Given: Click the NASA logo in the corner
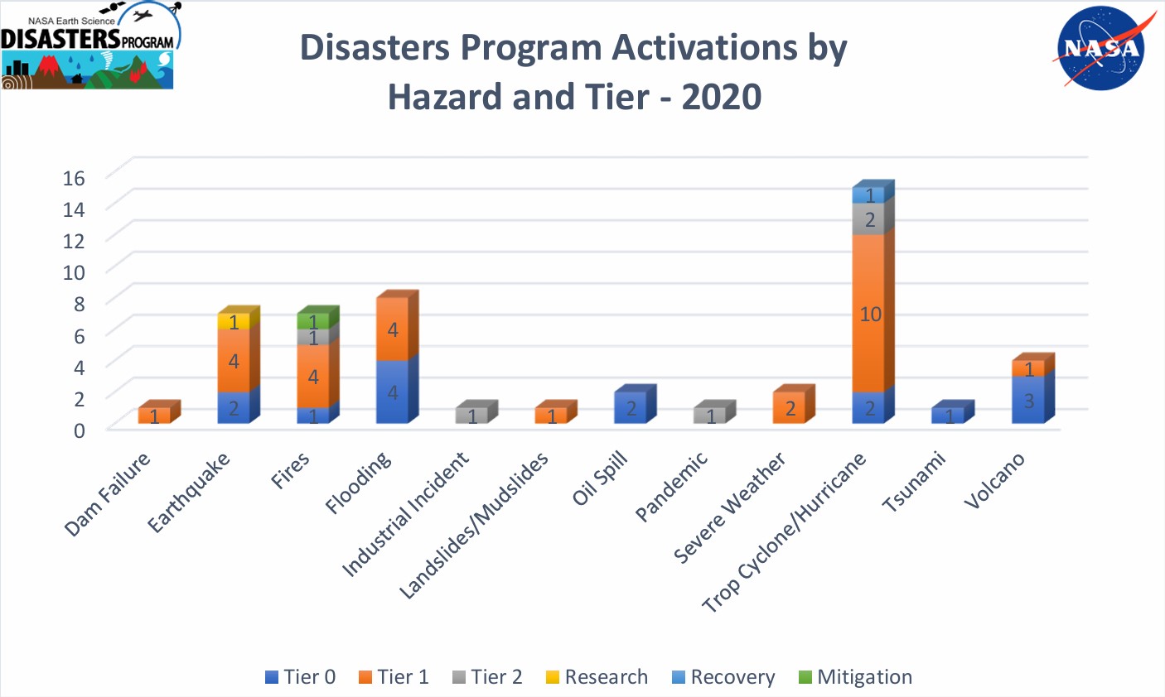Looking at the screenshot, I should click(x=1100, y=48).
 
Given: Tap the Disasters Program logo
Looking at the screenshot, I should click(x=89, y=46).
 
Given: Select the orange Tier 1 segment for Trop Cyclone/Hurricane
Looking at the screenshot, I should click(x=869, y=313).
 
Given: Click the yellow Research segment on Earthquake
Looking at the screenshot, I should click(x=233, y=321).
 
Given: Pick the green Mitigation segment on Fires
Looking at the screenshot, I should click(x=312, y=321).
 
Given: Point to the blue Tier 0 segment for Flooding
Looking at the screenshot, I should click(x=392, y=392).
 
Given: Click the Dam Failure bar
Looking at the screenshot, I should click(x=154, y=415).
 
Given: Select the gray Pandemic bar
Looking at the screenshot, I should click(x=710, y=415).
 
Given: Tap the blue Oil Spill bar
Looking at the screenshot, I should click(x=631, y=407).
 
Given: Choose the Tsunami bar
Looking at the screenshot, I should click(x=949, y=415).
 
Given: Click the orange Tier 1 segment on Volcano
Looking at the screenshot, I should click(x=1028, y=368).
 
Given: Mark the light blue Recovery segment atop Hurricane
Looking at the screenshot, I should click(x=869, y=195).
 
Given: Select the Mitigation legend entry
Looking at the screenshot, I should click(x=855, y=677).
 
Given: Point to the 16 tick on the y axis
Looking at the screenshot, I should click(x=74, y=177).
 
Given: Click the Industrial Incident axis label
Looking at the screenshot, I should click(x=406, y=515).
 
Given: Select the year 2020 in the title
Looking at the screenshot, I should click(x=721, y=97).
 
